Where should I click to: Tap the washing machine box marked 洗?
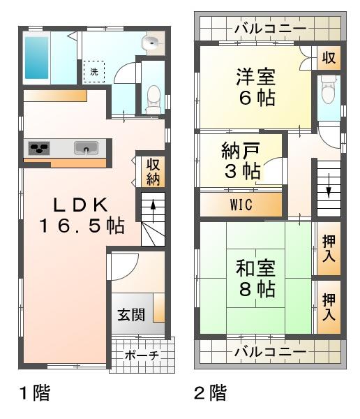coord(93,71)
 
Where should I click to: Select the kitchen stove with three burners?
coord(40,148)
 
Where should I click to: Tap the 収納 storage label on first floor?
coord(153,171)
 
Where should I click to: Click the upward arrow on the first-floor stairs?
coord(153,207)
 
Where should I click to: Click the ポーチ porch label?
coord(142,355)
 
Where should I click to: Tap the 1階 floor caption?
coord(33,393)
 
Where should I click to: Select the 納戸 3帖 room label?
coord(241,161)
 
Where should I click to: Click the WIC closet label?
coord(241,205)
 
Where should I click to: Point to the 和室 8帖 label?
coord(256,279)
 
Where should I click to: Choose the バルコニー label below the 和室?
coord(269,351)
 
